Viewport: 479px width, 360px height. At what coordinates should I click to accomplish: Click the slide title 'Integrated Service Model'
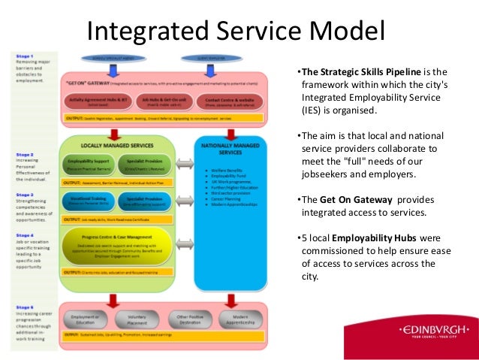click(236, 32)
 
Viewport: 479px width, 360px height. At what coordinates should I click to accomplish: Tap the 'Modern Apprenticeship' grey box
click(241, 318)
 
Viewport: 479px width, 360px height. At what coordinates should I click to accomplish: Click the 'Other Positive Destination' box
click(190, 318)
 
